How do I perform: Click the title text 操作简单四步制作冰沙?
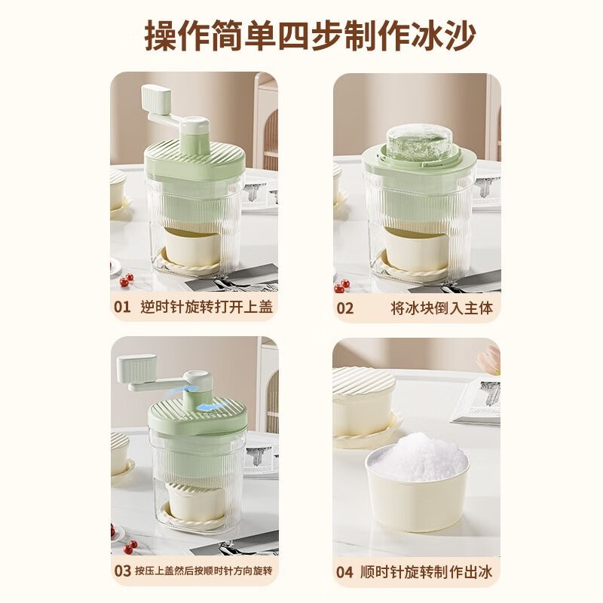point(301,35)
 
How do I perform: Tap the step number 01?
point(121,307)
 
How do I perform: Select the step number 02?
point(344,308)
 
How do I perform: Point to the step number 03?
point(122,571)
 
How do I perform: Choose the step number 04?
point(344,571)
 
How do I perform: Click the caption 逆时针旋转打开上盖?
point(206,307)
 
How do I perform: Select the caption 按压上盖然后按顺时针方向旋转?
point(201,571)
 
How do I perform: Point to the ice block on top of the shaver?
point(418,142)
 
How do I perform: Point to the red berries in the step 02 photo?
point(344,285)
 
